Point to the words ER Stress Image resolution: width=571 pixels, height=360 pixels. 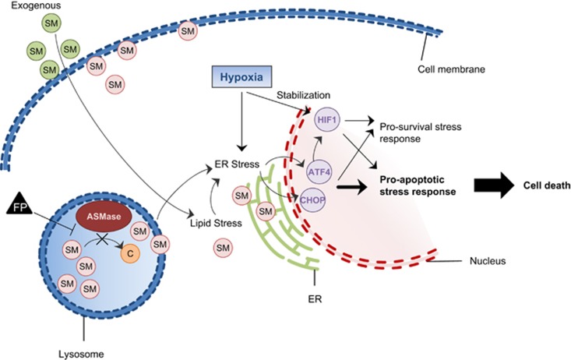237,164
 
